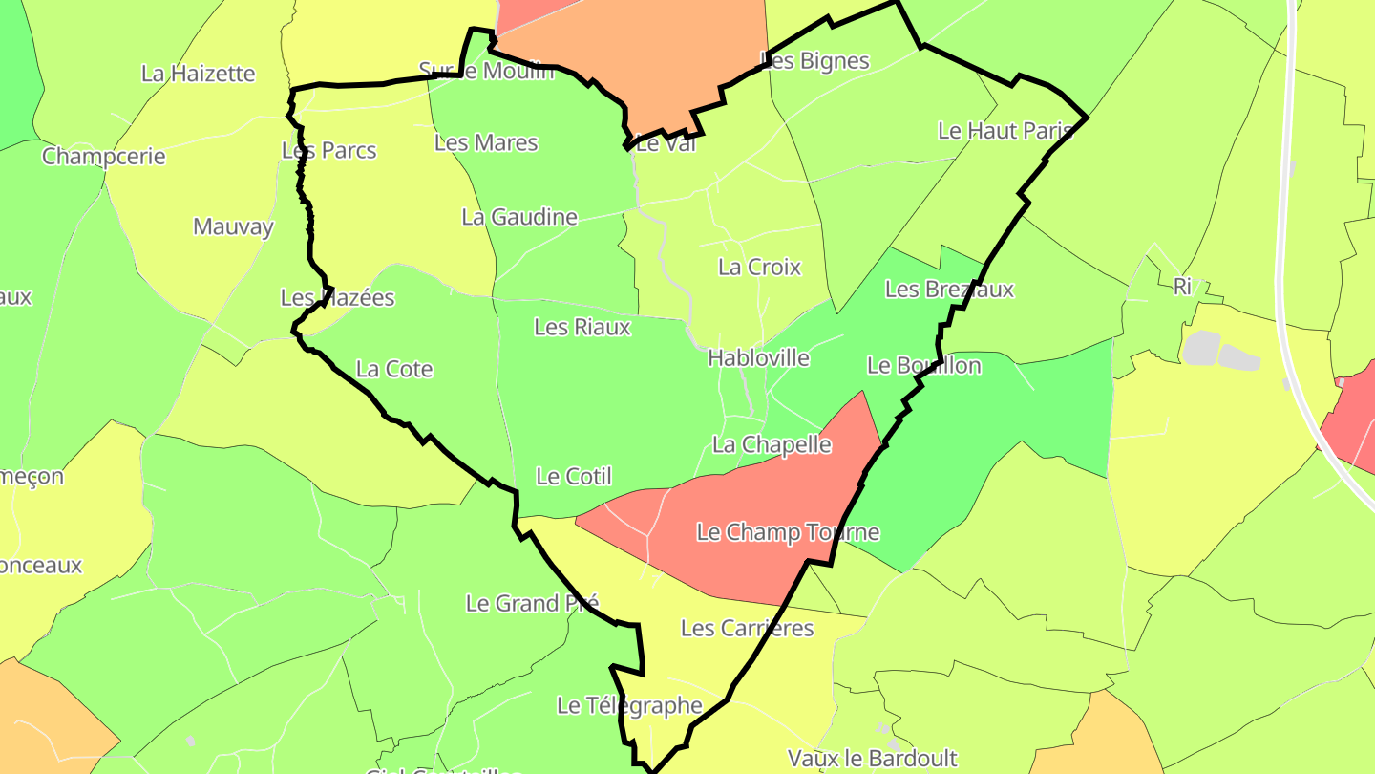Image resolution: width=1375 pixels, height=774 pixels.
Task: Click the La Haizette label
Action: (198, 74)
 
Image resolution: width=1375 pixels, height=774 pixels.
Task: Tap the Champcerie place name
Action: (103, 156)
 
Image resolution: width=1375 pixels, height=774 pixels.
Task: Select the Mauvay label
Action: (233, 227)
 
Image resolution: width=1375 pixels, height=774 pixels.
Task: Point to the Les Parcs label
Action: (329, 151)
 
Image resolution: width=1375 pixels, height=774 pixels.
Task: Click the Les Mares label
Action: (486, 143)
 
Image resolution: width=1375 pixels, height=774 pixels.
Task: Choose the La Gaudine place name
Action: (519, 217)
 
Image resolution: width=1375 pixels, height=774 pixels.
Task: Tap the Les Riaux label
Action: (582, 327)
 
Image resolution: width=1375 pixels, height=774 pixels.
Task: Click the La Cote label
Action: (394, 369)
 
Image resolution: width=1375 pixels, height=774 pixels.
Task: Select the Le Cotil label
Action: (574, 476)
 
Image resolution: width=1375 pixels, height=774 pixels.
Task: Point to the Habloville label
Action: (758, 358)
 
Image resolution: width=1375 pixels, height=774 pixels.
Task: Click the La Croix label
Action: (759, 268)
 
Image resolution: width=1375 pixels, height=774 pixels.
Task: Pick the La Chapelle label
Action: (772, 445)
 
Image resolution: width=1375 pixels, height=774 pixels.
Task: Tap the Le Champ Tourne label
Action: (788, 532)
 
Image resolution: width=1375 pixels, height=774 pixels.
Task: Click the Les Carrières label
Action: (747, 628)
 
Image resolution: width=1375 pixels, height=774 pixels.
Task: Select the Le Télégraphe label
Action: (629, 706)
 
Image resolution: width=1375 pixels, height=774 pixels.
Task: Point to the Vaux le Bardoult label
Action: (872, 759)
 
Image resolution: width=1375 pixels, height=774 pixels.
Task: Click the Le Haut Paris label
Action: (1005, 131)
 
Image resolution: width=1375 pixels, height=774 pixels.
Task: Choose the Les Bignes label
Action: (814, 61)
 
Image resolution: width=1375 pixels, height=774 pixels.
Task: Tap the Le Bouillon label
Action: (923, 365)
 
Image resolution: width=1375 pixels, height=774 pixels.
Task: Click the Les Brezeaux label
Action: (949, 290)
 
